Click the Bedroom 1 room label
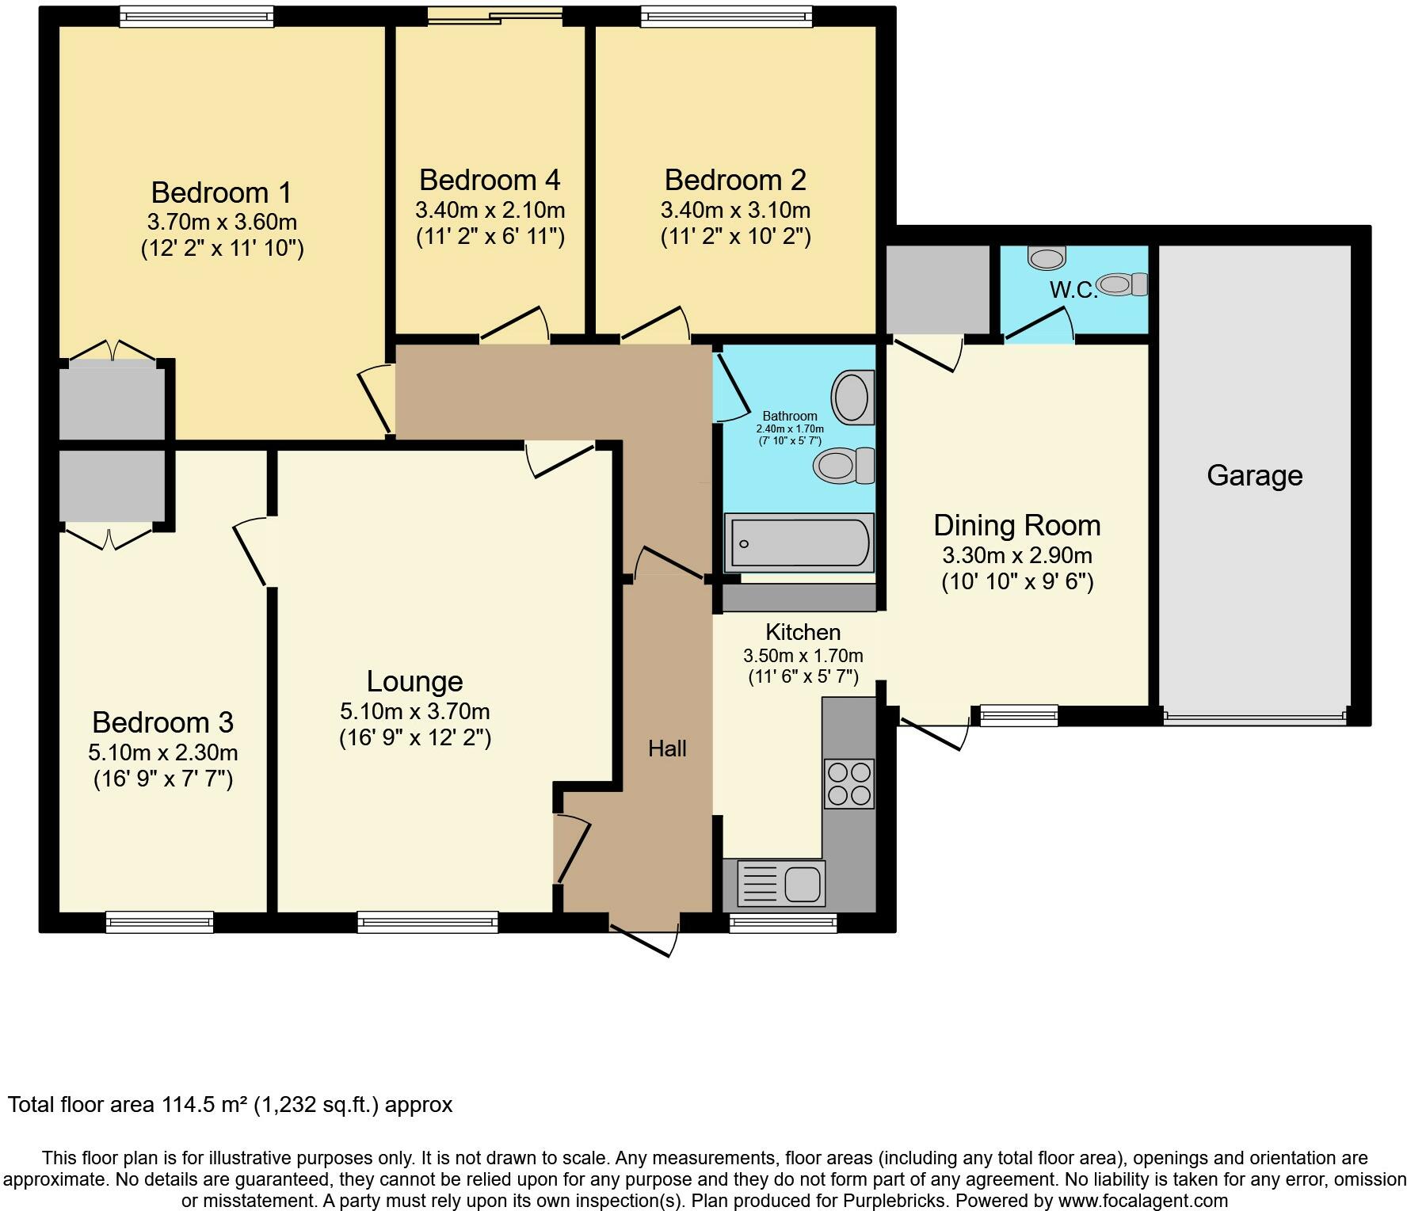[221, 192]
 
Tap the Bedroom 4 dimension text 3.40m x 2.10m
[490, 211]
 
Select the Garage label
[1255, 475]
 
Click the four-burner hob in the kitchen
[849, 783]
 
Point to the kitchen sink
[781, 882]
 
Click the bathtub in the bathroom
[800, 543]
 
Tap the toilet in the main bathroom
[844, 465]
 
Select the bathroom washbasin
[852, 397]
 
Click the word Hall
[667, 748]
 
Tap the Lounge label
[414, 681]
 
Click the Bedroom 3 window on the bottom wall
[160, 922]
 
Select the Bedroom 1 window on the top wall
[196, 17]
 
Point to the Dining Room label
[1017, 525]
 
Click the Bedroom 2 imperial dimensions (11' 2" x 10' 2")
[735, 237]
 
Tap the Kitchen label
[803, 632]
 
